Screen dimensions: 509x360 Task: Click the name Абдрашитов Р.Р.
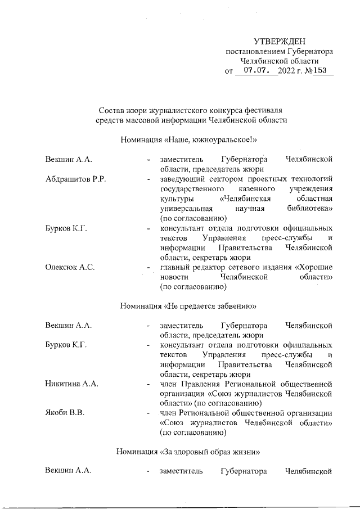pyautogui.click(x=76, y=179)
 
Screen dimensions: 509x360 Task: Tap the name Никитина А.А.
pyautogui.click(x=72, y=384)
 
